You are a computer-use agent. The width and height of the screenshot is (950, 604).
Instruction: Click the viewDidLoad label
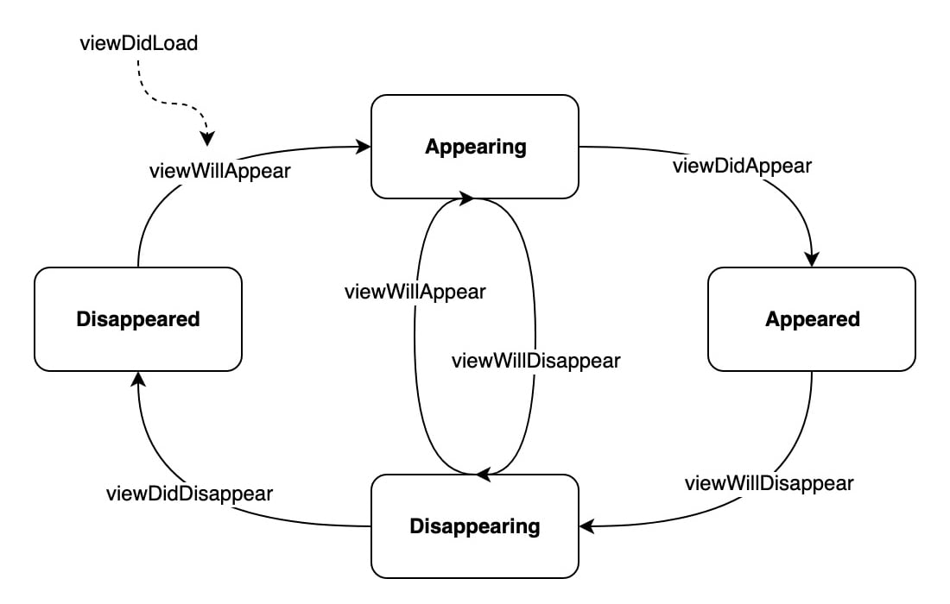138,42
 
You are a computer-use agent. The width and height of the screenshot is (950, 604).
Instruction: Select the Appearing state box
475,147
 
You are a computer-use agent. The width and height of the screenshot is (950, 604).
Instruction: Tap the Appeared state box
812,319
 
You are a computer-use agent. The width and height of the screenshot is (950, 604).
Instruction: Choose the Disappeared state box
138,319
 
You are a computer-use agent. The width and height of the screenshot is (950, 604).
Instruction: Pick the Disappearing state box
475,525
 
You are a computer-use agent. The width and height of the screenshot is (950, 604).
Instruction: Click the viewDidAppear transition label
742,166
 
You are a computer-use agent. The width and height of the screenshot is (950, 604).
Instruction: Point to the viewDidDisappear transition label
189,494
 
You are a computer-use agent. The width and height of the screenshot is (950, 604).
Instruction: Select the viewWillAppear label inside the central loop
415,292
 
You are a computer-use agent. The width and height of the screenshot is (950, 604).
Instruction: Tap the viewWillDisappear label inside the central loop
535,361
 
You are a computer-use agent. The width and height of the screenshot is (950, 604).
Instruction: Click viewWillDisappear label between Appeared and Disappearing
769,483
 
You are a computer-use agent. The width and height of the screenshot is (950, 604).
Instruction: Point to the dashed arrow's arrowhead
207,139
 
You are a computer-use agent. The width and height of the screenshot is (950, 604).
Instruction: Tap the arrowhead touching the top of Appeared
812,260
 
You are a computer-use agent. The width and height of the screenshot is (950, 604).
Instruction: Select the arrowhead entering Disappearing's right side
586,525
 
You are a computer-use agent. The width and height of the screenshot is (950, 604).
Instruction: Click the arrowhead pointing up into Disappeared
138,379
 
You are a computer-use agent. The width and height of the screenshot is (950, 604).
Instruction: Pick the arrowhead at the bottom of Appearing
467,199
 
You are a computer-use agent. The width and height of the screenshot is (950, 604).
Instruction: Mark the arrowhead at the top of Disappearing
483,474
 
